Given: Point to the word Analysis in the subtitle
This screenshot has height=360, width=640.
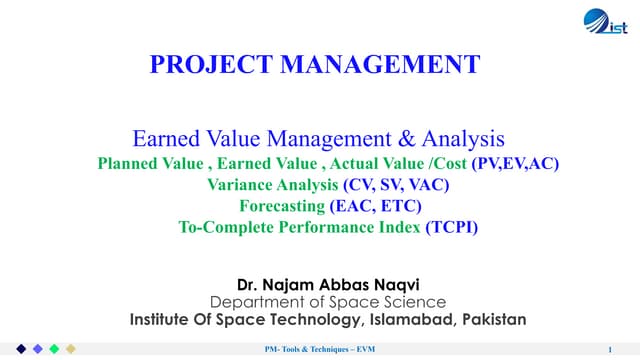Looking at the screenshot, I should coord(469,139).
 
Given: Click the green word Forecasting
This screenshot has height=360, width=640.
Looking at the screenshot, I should coord(283,206).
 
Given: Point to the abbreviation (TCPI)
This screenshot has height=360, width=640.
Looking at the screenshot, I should coord(437,227).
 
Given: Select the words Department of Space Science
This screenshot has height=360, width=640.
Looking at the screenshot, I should coord(328,301).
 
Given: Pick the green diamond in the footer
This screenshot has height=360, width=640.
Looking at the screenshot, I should coord(53,349).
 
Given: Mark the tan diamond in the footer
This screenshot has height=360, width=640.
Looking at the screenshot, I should coord(70,349).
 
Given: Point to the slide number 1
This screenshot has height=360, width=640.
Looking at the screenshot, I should coord(609,349).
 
